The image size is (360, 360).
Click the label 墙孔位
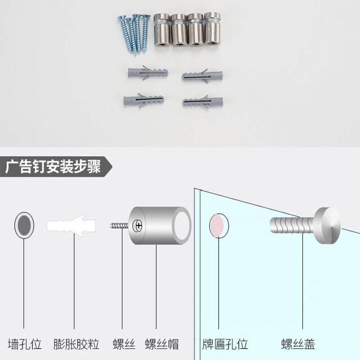[25, 344]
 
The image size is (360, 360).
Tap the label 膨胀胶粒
[76, 344]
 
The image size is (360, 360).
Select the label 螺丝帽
[162, 344]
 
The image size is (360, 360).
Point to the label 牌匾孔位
[225, 344]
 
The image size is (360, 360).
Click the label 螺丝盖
[298, 344]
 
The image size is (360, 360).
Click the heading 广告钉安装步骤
[53, 166]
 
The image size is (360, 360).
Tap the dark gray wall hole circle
[24, 225]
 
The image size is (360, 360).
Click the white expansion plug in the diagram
[71, 226]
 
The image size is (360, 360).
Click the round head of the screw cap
[328, 225]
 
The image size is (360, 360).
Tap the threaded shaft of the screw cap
[292, 225]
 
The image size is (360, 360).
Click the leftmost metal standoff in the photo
[162, 30]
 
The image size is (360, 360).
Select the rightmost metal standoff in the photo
[212, 28]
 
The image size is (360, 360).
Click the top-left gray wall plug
[148, 72]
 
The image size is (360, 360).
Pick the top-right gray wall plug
[202, 76]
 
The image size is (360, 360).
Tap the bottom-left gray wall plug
[144, 100]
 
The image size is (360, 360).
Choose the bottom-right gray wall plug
[203, 102]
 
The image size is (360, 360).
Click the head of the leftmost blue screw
[121, 18]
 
